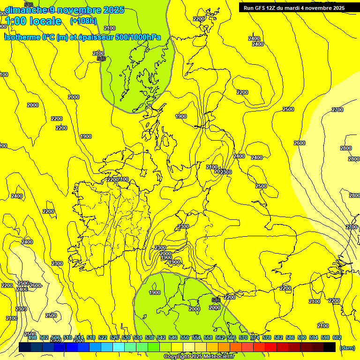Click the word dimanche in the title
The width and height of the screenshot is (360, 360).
26,9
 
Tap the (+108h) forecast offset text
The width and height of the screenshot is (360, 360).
83,21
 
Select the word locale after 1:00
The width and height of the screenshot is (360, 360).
45,21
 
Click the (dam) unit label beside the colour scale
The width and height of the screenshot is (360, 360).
346,348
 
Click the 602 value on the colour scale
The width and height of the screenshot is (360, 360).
337,337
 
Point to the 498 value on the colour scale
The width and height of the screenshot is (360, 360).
32,337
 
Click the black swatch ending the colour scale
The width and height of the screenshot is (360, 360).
330,347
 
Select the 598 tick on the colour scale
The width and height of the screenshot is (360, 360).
325,337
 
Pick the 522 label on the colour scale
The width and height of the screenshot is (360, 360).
103,337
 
